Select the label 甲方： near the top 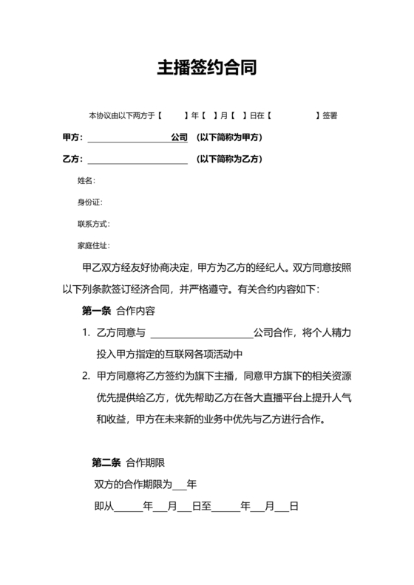click(x=72, y=137)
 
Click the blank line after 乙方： click(x=138, y=160)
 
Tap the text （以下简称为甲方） click(x=229, y=137)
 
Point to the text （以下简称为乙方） click(x=229, y=159)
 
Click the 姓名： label click(x=86, y=180)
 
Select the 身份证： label click(x=89, y=202)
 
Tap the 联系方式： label click(x=92, y=223)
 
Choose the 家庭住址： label click(x=92, y=244)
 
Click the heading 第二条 click(x=106, y=463)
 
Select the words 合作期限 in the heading click(x=145, y=463)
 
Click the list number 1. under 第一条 click(x=86, y=333)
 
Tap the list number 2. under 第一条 click(x=86, y=376)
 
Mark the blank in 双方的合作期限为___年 click(x=179, y=485)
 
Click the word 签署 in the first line click(x=330, y=116)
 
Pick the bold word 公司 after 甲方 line click(x=179, y=137)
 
